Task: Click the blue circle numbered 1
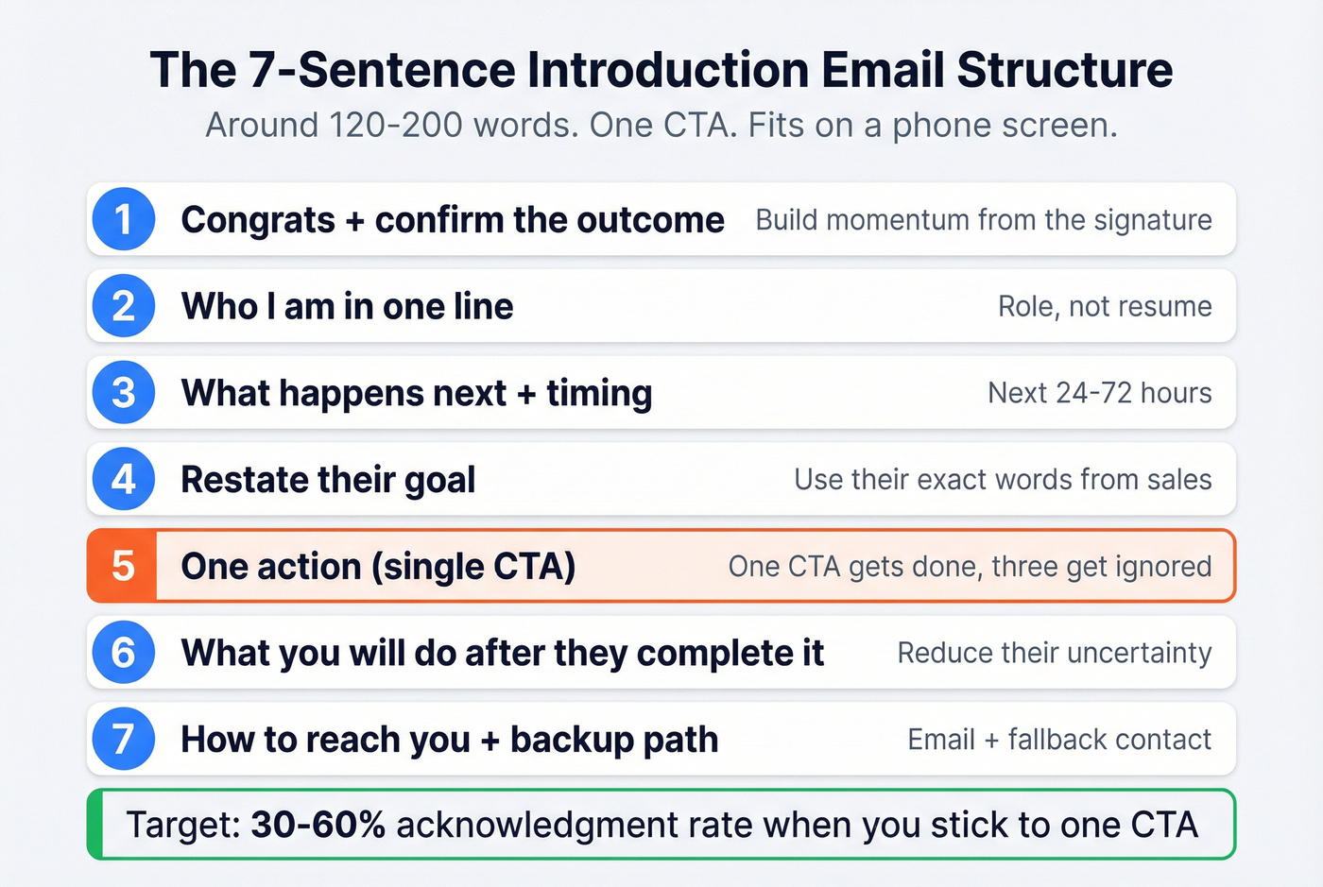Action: point(124,219)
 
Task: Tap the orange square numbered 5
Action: point(123,566)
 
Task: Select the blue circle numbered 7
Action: point(124,739)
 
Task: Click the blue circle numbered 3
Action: point(124,392)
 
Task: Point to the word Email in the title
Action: point(883,70)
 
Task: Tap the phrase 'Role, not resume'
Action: point(1104,306)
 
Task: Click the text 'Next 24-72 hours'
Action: point(1099,392)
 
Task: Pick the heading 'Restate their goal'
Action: point(328,480)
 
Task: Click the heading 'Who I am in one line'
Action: point(347,306)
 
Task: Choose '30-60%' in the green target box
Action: point(318,825)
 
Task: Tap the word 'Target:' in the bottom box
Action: point(183,825)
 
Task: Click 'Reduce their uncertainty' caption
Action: point(1054,653)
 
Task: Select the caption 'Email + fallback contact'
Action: point(1058,739)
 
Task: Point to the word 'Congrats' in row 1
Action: point(258,220)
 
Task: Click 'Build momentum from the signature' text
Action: point(983,220)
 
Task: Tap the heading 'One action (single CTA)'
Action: point(378,567)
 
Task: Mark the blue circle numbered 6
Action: point(124,652)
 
